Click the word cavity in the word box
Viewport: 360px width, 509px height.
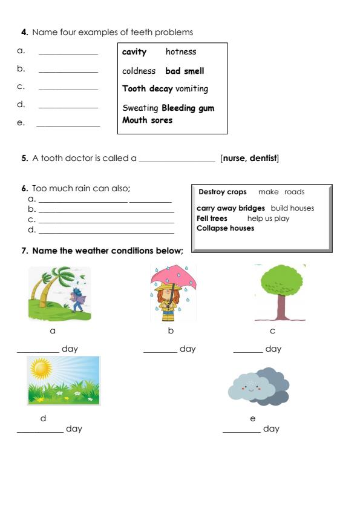pyautogui.click(x=134, y=52)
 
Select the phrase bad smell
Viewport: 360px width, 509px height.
pyautogui.click(x=185, y=71)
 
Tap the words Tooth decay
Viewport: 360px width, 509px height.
pyautogui.click(x=147, y=89)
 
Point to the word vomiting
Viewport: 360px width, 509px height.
pyautogui.click(x=192, y=89)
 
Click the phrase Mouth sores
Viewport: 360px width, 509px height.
pyautogui.click(x=147, y=120)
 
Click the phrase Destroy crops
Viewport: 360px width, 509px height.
pyautogui.click(x=223, y=192)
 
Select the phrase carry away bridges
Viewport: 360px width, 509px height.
pyautogui.click(x=231, y=208)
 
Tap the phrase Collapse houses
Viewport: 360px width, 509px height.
pyautogui.click(x=225, y=228)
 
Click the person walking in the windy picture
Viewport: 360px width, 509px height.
pyautogui.click(x=77, y=300)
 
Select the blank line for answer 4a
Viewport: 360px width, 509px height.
pyautogui.click(x=68, y=54)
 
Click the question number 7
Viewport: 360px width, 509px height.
pyautogui.click(x=24, y=251)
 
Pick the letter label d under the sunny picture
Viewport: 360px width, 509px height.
pyautogui.click(x=43, y=418)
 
